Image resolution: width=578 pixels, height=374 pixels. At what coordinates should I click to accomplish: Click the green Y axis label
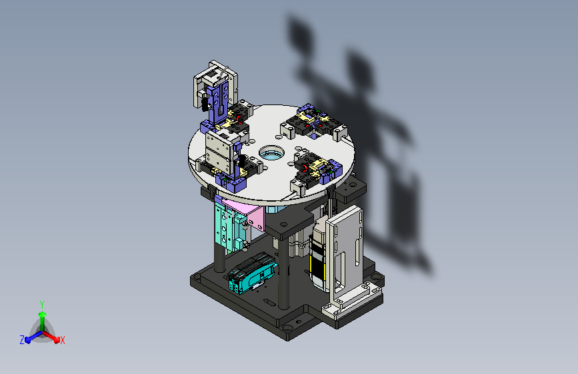42,304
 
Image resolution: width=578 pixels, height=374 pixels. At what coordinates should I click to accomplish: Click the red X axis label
62,340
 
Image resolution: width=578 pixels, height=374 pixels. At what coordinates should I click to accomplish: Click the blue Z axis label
22,340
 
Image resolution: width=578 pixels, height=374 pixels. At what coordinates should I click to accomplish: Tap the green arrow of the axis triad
43,320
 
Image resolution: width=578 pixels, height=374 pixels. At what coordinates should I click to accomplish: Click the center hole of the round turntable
272,153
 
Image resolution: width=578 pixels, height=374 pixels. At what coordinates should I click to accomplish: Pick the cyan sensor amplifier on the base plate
251,273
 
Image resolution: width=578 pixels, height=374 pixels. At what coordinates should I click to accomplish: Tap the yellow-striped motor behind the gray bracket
318,254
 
